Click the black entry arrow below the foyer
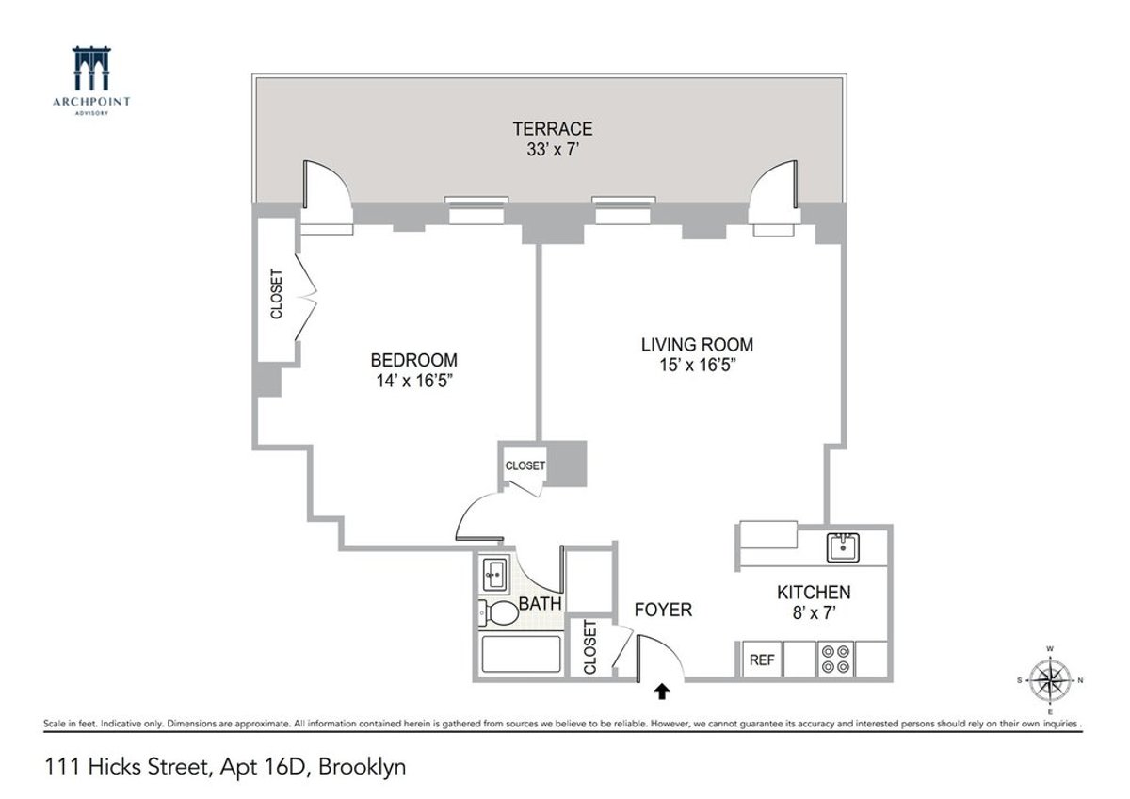coord(662,693)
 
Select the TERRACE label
coord(552,129)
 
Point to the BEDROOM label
coord(413,360)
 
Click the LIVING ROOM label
coord(697,345)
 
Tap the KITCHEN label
coord(814,593)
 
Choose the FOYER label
coord(663,610)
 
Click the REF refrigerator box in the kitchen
coord(761,660)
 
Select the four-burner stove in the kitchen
coord(833,659)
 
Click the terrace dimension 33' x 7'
coord(552,149)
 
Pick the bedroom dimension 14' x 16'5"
coord(413,381)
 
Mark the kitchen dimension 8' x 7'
coord(814,612)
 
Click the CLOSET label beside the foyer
coord(590,647)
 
